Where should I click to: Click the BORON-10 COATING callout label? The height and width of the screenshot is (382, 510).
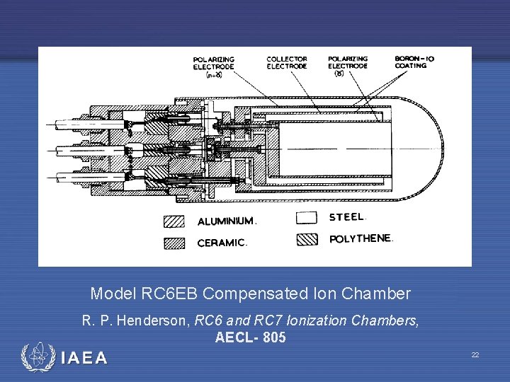[x=411, y=62]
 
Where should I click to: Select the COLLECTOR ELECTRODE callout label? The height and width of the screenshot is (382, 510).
[x=287, y=62]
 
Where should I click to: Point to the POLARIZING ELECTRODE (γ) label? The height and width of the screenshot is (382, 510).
[x=348, y=65]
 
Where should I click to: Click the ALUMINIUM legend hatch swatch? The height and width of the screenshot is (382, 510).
[x=174, y=221]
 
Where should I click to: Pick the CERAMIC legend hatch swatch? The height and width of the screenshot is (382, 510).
[x=174, y=243]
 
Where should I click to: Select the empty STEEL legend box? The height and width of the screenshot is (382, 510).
[x=307, y=217]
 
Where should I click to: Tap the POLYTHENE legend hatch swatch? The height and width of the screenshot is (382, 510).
[x=307, y=238]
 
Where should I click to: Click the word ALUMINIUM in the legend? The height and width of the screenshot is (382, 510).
[x=225, y=221]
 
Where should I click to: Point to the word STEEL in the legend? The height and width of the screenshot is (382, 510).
[x=346, y=217]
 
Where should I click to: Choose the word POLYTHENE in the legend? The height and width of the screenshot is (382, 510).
[x=360, y=239]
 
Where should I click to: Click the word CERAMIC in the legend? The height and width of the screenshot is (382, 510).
[x=221, y=243]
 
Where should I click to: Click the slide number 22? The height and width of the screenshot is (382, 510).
[x=475, y=354]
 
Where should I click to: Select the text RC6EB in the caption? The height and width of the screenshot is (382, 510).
[x=161, y=294]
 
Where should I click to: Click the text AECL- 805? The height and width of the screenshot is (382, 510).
[x=251, y=338]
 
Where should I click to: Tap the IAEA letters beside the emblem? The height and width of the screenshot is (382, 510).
[x=84, y=358]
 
